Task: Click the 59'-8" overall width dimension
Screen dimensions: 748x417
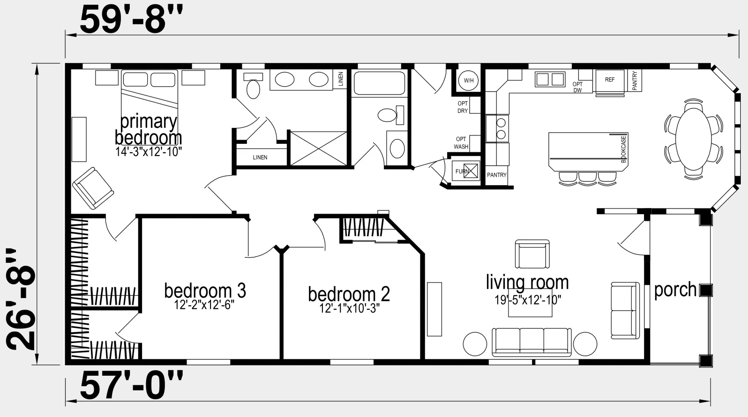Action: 131,20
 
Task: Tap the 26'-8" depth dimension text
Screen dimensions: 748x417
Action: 21,299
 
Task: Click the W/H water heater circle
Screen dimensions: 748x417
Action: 469,81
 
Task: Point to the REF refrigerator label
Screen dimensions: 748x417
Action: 610,80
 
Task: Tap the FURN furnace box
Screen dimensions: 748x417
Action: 465,171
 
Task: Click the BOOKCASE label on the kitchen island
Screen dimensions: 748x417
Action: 623,149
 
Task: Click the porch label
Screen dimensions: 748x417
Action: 675,290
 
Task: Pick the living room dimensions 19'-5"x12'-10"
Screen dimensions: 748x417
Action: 528,300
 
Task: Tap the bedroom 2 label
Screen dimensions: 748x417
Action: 349,294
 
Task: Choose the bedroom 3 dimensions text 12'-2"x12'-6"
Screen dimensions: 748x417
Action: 204,305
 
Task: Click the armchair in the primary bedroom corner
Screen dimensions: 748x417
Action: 93,188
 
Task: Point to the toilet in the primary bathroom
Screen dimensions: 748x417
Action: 253,86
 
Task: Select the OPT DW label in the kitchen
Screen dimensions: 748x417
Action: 577,87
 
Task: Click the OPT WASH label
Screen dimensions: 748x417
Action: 461,143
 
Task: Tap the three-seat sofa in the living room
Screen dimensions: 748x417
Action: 531,342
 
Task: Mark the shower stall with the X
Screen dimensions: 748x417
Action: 319,148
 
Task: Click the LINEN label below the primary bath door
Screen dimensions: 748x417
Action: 260,157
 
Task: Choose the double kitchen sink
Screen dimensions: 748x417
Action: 550,80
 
